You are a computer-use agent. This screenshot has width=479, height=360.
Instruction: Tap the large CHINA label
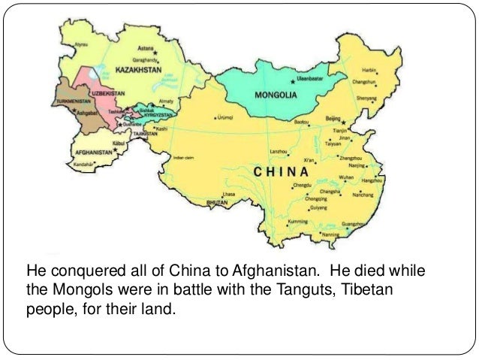point(288,171)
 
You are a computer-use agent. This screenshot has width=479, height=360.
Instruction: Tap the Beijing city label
point(333,118)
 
